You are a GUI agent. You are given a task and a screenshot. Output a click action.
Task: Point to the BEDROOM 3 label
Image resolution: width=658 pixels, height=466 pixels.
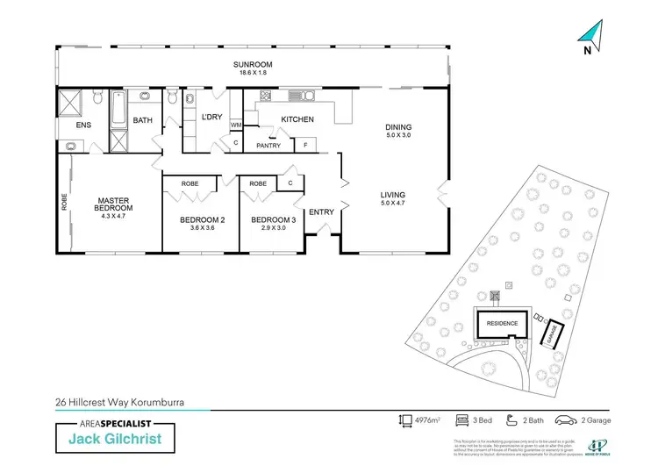click(x=269, y=219)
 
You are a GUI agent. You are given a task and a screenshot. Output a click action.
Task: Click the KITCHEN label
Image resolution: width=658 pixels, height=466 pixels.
click(x=297, y=119)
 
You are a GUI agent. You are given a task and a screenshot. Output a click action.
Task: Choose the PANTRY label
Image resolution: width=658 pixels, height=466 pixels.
click(x=268, y=146)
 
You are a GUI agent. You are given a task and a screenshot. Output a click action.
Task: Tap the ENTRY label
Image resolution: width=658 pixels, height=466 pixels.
click(x=321, y=211)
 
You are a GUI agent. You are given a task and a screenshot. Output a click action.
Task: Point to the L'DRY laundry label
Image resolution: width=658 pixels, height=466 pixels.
click(x=211, y=118)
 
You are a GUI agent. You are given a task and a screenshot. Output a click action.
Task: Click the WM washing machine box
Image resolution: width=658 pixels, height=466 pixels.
click(x=236, y=125)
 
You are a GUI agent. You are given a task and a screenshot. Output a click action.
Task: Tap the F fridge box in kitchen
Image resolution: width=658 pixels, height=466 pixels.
click(x=305, y=145)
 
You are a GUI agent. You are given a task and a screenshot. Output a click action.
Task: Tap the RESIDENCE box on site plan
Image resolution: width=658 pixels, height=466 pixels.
click(x=503, y=323)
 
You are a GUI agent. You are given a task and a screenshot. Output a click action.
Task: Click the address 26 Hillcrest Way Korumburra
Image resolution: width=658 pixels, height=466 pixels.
click(x=117, y=404)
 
